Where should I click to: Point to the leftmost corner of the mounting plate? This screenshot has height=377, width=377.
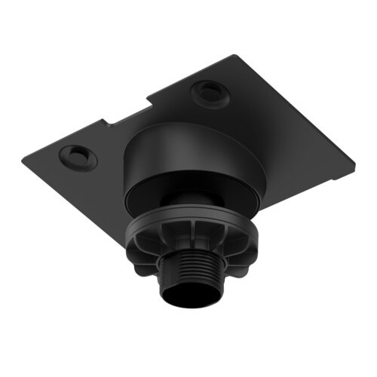pyautogui.click(x=23, y=158)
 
